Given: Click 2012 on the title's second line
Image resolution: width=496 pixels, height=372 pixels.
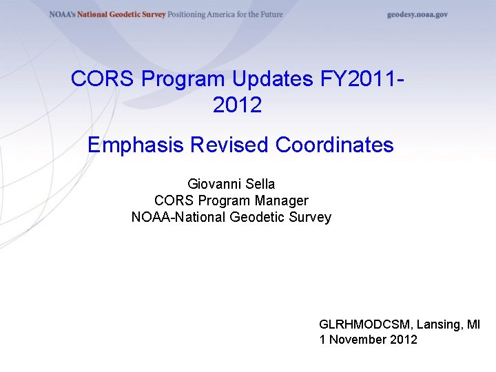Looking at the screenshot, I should pos(238,105).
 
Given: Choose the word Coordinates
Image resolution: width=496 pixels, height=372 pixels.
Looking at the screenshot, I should pos(334,145).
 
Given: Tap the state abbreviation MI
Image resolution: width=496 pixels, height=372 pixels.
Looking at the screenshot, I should pos(473,324).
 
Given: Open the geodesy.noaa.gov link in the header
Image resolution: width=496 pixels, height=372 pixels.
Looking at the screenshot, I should pos(417,14).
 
